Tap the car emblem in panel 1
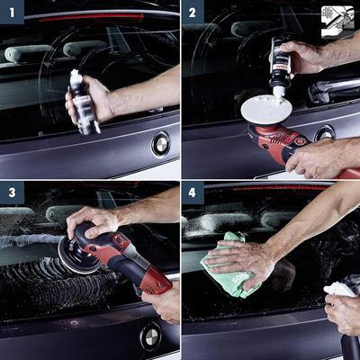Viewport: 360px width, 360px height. [x=160, y=142]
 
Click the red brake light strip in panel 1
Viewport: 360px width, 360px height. [x=90, y=16]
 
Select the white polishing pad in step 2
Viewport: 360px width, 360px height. [x=265, y=110]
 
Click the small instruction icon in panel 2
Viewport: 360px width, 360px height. [x=337, y=20]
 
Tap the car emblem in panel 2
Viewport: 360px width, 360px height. [x=325, y=132]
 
